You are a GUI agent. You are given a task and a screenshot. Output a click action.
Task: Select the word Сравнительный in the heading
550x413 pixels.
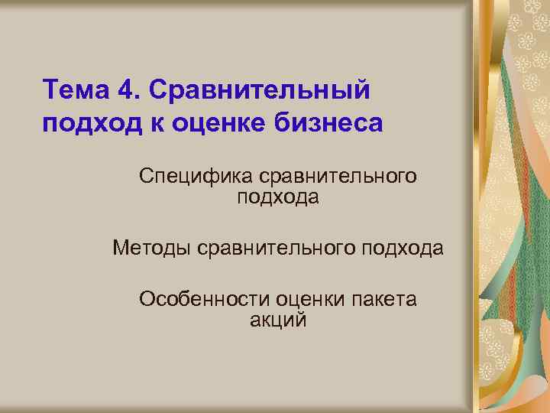[260, 90]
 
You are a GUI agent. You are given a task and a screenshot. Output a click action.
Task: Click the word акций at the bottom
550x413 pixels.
[278, 320]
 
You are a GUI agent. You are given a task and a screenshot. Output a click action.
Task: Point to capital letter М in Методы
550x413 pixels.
[120, 249]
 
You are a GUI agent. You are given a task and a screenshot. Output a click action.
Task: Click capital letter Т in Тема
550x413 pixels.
[50, 89]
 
